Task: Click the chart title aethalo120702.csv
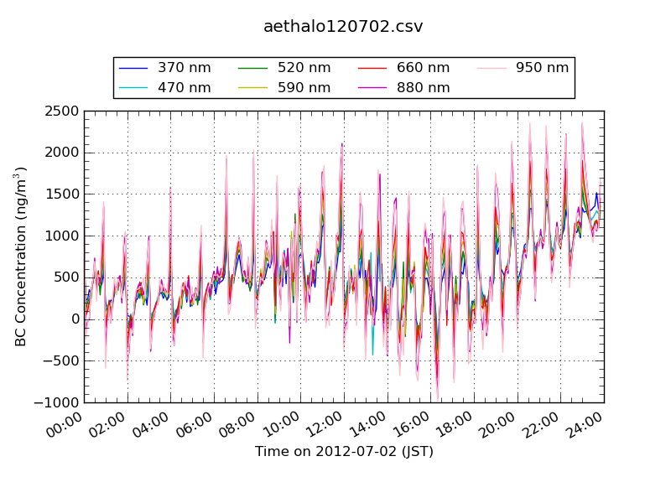343,27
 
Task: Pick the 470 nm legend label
184,88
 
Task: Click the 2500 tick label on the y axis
61,111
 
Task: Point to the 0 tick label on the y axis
75,319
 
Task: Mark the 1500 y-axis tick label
61,194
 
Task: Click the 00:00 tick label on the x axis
64,425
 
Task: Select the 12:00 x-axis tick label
324,425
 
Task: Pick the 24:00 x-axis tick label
584,425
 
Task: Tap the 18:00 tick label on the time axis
454,425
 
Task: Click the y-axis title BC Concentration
20,257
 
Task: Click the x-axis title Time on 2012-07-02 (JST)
344,452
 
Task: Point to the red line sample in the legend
372,68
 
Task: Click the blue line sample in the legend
133,68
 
